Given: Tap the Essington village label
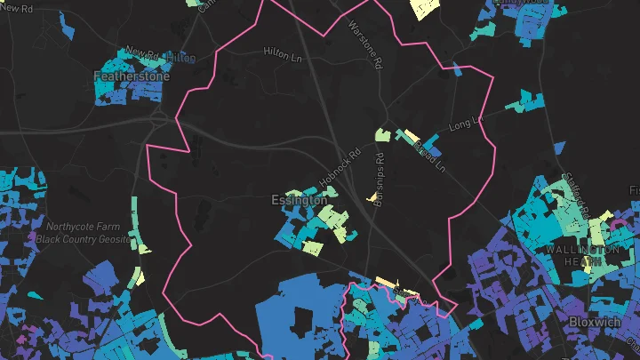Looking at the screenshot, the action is tap(299, 201).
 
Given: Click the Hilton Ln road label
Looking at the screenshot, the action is tap(283, 53).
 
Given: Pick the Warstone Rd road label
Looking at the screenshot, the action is tap(365, 45).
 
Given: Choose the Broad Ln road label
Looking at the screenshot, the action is tap(429, 152).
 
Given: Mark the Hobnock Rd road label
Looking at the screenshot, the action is tap(342, 166).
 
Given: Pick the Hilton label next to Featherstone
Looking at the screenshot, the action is tap(180, 57).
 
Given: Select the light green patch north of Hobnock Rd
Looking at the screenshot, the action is tap(382, 135).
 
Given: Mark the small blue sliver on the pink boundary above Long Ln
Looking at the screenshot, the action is tap(457, 68).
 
